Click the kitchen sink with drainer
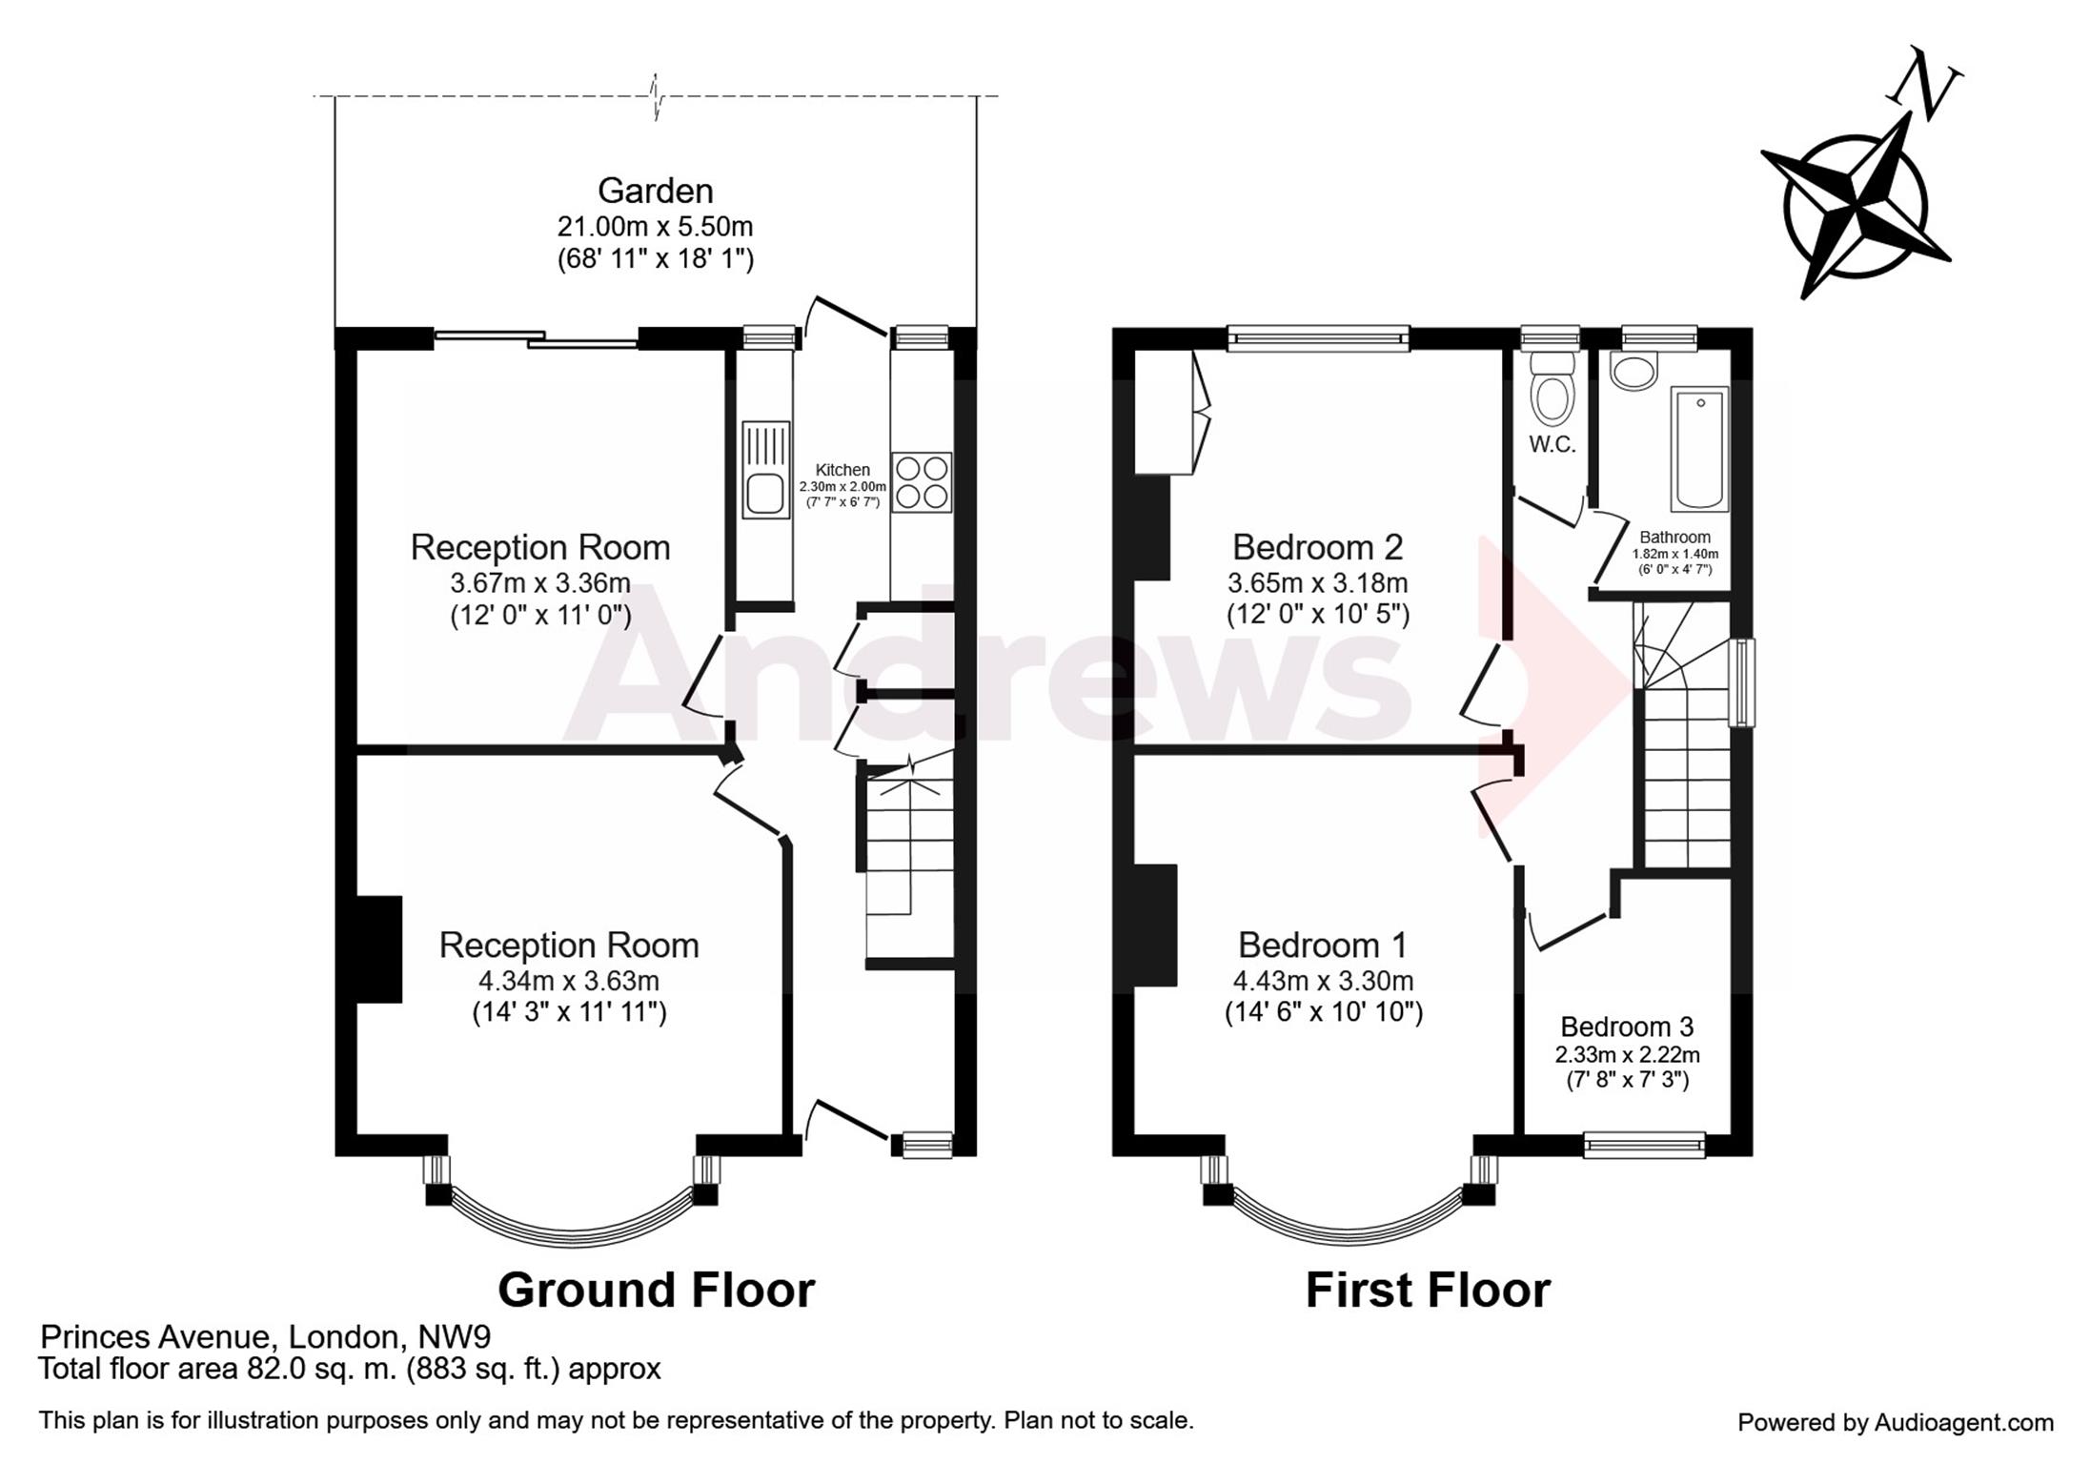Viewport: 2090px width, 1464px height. [x=766, y=470]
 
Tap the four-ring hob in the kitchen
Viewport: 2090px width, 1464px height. [x=922, y=482]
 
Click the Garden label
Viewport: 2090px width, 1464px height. [x=656, y=191]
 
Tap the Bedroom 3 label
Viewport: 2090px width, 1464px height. [x=1627, y=1027]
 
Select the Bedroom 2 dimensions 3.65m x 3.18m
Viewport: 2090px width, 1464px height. [x=1318, y=582]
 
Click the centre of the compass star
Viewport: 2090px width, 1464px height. [x=1855, y=205]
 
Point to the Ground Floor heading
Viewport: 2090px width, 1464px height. [x=656, y=1291]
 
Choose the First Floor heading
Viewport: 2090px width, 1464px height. [x=1428, y=1291]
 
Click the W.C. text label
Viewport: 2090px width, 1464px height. [x=1552, y=444]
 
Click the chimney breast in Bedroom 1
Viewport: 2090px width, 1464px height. [x=1156, y=925]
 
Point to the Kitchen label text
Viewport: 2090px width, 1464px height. [x=842, y=470]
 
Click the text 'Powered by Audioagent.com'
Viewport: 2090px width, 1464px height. [x=1896, y=1423]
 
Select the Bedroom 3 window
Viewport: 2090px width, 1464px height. [x=1644, y=1145]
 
